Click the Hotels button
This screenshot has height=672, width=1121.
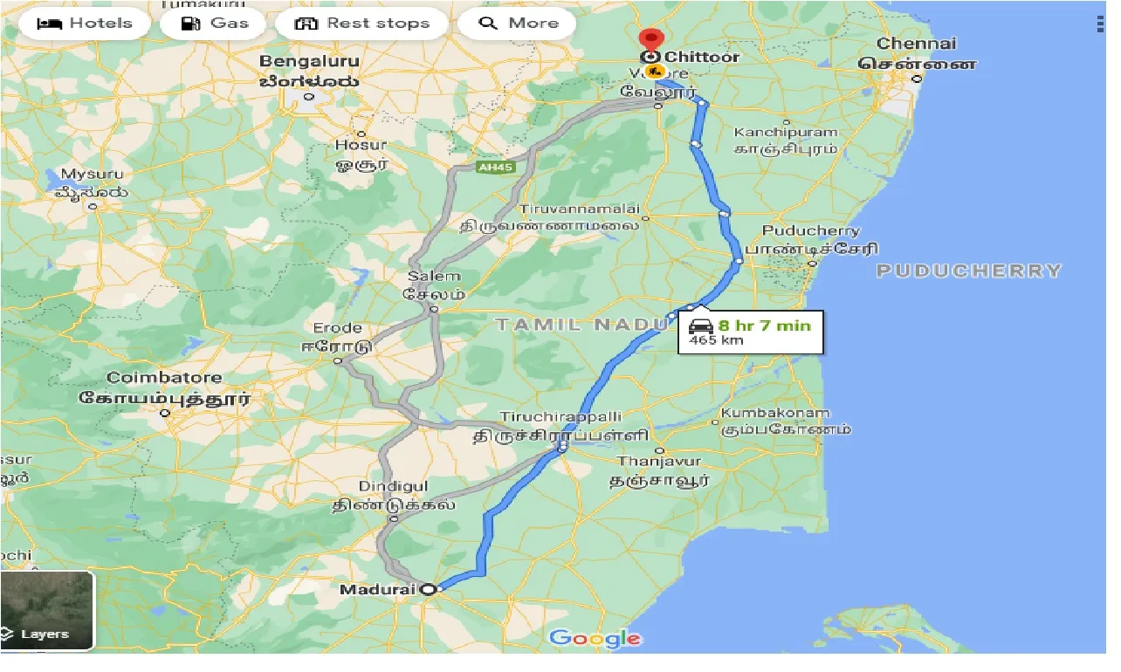(85, 24)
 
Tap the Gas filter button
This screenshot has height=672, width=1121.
(216, 24)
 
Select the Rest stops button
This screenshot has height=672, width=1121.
(362, 24)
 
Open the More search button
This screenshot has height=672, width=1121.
(517, 24)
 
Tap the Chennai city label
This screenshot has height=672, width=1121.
(916, 44)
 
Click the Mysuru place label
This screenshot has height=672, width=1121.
(92, 175)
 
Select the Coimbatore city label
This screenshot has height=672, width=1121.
(164, 378)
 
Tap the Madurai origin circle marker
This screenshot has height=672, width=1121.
(429, 590)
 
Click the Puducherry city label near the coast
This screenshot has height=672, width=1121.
(810, 231)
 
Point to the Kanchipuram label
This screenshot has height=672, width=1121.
(785, 133)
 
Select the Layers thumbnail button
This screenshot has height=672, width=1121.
(47, 611)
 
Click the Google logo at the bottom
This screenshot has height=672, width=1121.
(595, 639)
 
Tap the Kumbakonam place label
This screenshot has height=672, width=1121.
(775, 413)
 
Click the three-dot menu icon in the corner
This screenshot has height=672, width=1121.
(1099, 24)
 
